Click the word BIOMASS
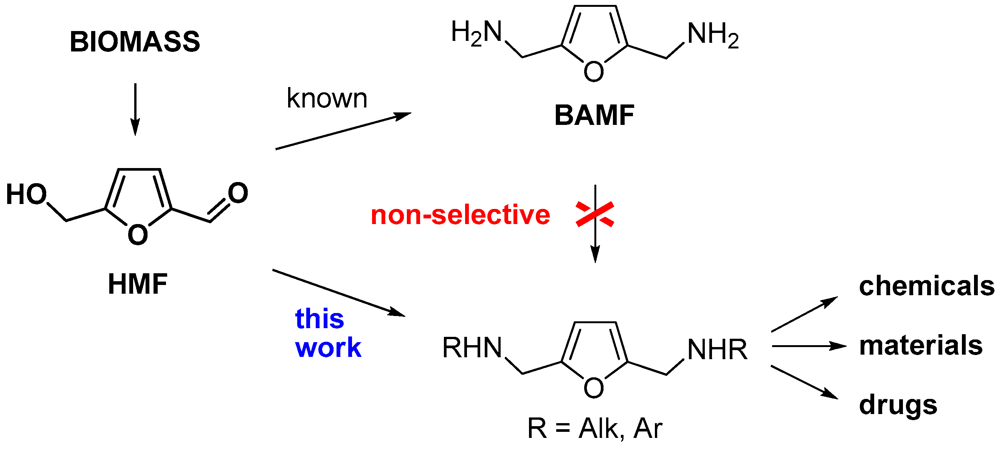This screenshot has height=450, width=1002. pyautogui.click(x=135, y=42)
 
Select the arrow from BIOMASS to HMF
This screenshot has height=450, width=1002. pyautogui.click(x=135, y=109)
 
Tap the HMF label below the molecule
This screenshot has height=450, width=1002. pyautogui.click(x=138, y=284)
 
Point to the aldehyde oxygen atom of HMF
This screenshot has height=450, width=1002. pyautogui.click(x=238, y=193)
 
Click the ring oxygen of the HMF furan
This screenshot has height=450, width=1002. pyautogui.click(x=138, y=235)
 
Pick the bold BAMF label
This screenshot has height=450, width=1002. pyautogui.click(x=594, y=115)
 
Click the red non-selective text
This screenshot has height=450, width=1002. pyautogui.click(x=460, y=215)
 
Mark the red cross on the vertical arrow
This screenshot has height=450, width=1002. pyautogui.click(x=595, y=214)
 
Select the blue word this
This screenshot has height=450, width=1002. pyautogui.click(x=320, y=318)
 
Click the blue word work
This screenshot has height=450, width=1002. pyautogui.click(x=328, y=347)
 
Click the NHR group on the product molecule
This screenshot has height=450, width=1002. pyautogui.click(x=717, y=349)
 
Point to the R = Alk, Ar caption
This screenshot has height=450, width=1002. pyautogui.click(x=594, y=428)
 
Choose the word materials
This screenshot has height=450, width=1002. pyautogui.click(x=921, y=345)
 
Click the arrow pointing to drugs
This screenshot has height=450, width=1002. pyautogui.click(x=804, y=382)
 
